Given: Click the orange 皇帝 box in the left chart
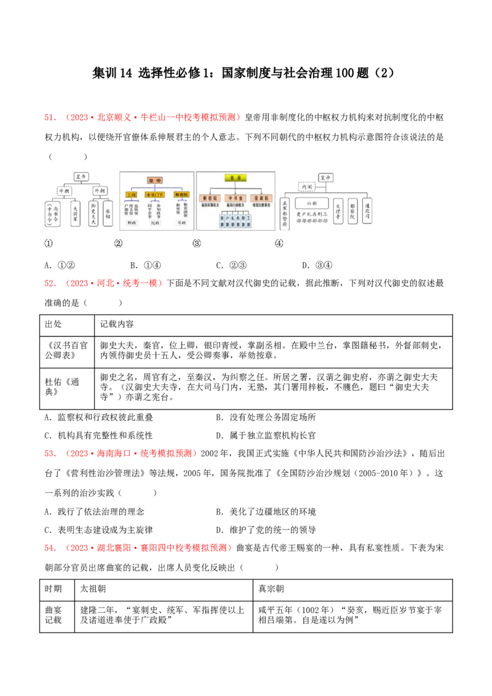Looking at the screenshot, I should coord(154,180).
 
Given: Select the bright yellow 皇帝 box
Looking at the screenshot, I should coord(234,178).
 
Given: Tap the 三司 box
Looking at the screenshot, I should coord(130,194).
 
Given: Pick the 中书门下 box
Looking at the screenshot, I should coord(154,194).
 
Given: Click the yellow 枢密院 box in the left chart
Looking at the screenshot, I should coord(181,194).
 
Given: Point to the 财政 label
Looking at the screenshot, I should coord(130,223).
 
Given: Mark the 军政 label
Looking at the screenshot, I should coord(181,223).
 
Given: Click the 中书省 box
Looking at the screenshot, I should coord(234,198).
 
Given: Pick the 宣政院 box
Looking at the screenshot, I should coord(260,198).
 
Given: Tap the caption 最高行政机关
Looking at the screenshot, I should coord(234,205).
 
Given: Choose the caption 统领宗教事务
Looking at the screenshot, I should coord(260,205).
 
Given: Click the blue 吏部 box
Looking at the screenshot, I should coord(222,221).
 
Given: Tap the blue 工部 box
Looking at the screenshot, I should coord(248,221).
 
